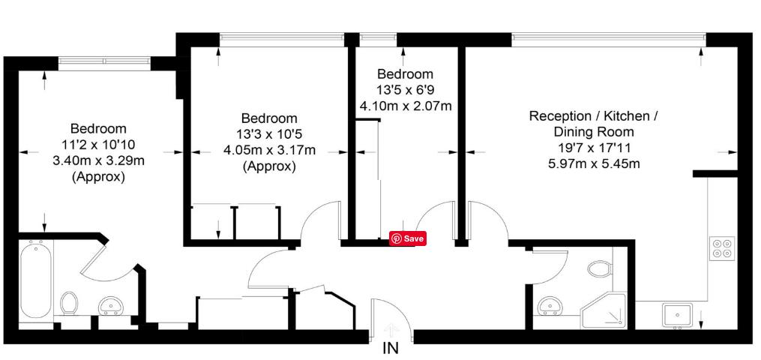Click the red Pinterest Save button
[x=407, y=238]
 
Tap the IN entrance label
[x=391, y=348]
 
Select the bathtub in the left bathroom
[x=35, y=277]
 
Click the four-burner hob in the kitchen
[x=722, y=247]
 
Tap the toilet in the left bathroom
[x=69, y=304]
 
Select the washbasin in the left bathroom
[x=112, y=305]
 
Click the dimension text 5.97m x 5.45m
[x=594, y=163]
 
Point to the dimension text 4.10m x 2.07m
[x=406, y=106]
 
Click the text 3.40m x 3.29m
[x=98, y=160]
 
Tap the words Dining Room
[x=594, y=132]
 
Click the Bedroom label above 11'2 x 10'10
[x=98, y=128]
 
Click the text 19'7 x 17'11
[x=594, y=148]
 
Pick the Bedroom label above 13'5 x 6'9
[x=405, y=74]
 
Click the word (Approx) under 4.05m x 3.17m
[x=269, y=166]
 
